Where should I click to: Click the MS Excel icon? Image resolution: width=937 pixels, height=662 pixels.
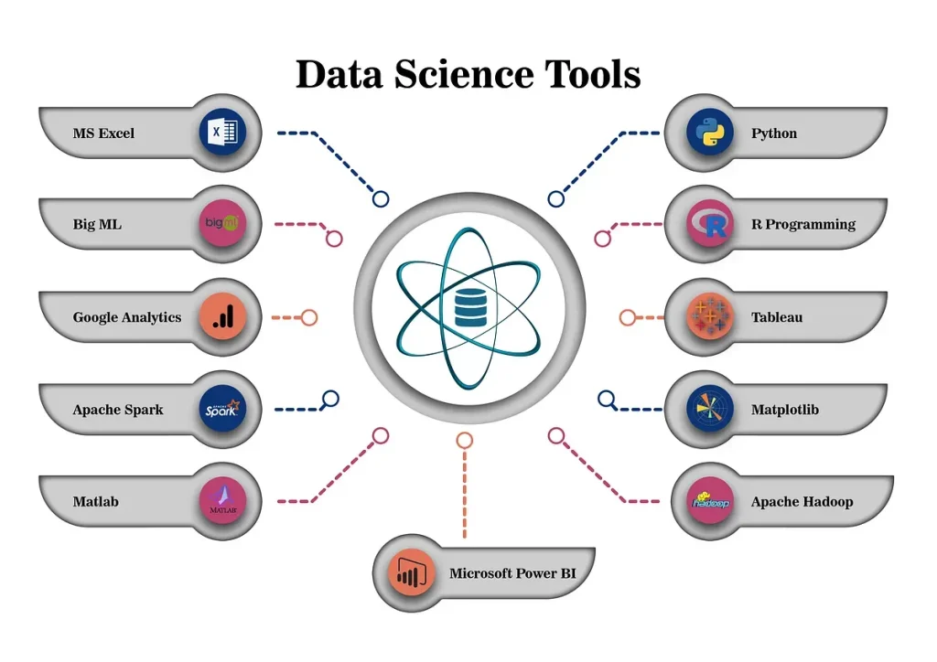[x=222, y=132]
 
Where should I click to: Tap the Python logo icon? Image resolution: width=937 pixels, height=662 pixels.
[x=710, y=132]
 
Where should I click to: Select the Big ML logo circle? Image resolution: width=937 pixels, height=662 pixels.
[x=222, y=223]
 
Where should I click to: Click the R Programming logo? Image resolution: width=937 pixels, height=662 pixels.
[x=710, y=223]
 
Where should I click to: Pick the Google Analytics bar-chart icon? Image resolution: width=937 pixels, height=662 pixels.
[x=222, y=316]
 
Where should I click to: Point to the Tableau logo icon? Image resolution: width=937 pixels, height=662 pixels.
[x=710, y=316]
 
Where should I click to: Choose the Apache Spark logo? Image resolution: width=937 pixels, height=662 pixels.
[x=222, y=409]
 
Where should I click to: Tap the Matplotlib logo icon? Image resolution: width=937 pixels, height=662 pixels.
[x=710, y=409]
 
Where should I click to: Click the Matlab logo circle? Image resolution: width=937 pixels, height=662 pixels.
[x=222, y=501]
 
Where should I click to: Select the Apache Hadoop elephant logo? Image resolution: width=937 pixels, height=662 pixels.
[x=710, y=501]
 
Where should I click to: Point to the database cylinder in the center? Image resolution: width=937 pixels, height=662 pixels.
[x=470, y=308]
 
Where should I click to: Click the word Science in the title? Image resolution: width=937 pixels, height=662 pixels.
[x=464, y=74]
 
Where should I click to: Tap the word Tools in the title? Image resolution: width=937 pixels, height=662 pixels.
[x=593, y=74]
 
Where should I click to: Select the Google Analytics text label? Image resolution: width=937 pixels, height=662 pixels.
[x=126, y=317]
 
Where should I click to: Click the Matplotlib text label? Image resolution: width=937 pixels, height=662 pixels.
[x=784, y=410]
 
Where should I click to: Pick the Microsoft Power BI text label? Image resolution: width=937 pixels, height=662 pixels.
[x=512, y=573]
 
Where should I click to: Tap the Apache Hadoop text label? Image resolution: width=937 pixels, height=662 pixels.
[x=802, y=502]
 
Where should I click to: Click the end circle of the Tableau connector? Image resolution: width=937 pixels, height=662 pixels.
[x=628, y=317]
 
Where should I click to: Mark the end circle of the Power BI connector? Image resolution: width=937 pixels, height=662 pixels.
[x=464, y=441]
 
